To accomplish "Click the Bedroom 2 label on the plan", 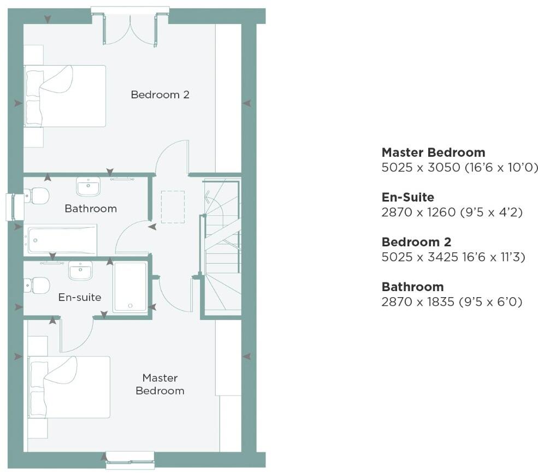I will pos(159,94).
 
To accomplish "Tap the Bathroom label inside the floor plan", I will pos(91,208).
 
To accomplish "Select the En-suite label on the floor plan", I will pos(80,297).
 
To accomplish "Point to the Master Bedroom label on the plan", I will pos(159,384).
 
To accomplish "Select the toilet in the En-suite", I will pos(37,285).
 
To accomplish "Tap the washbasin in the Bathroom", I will pos(88,187).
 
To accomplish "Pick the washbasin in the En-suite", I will pos(80,270).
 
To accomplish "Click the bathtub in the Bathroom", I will pos(61,239).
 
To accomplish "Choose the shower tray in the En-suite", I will pos(130,287).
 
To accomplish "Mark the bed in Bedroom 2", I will pos(64,96).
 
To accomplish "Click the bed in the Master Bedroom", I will pos(69,387).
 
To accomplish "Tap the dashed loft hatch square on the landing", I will pos(173,206).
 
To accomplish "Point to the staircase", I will pos(222,246).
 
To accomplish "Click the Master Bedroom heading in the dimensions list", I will pos(433,152).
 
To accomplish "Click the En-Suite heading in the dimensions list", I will pos(407,197).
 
